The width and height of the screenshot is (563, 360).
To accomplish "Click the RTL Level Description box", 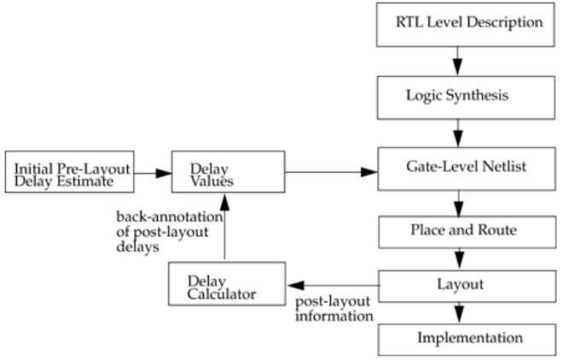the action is [x=466, y=25].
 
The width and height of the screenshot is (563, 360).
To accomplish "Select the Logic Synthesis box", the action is [x=466, y=97].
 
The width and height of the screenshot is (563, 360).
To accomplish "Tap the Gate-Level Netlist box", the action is [x=467, y=169].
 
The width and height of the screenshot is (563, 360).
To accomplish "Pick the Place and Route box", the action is [x=467, y=232].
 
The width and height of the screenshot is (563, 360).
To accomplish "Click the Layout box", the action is [x=467, y=286].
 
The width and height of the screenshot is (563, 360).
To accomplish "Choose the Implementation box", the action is [x=467, y=340].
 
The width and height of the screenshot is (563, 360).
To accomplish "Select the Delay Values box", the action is [x=229, y=172].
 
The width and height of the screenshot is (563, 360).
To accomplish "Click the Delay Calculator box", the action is [x=227, y=284].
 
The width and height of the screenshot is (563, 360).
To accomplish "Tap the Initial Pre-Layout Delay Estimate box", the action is [x=70, y=172].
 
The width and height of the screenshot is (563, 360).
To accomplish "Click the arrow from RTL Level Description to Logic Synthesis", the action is [x=457, y=61].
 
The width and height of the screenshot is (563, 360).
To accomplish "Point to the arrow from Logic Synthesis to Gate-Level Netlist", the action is [x=458, y=133].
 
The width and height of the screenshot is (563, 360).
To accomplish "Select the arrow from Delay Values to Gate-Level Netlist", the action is [x=332, y=172].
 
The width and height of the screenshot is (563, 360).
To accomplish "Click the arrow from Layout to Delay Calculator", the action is [x=334, y=286].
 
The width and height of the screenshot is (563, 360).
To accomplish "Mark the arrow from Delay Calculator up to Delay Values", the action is [x=224, y=226].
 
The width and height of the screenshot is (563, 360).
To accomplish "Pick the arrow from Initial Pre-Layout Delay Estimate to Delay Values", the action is [x=153, y=173].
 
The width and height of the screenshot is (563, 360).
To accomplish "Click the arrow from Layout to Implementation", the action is [x=459, y=313].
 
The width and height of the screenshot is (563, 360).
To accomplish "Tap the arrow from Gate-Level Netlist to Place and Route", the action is [x=459, y=204].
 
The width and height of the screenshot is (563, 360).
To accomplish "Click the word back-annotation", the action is [x=170, y=217].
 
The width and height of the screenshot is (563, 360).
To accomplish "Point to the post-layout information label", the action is [x=334, y=309].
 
